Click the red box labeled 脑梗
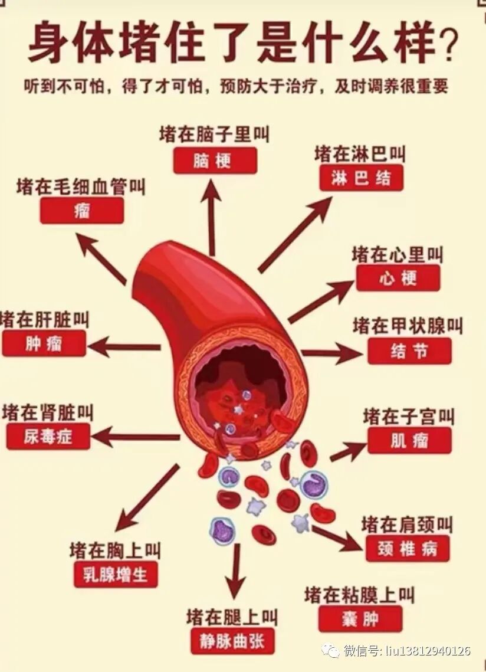point(215,160)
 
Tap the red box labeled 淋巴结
point(361,178)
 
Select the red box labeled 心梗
point(398,278)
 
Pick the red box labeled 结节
point(409,351)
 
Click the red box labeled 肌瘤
point(409,441)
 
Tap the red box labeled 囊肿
point(360,619)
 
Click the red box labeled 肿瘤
point(44,343)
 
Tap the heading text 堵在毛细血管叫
point(81,187)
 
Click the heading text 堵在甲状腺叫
point(408,326)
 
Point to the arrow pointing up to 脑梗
point(211,218)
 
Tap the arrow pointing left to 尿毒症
point(136,437)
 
